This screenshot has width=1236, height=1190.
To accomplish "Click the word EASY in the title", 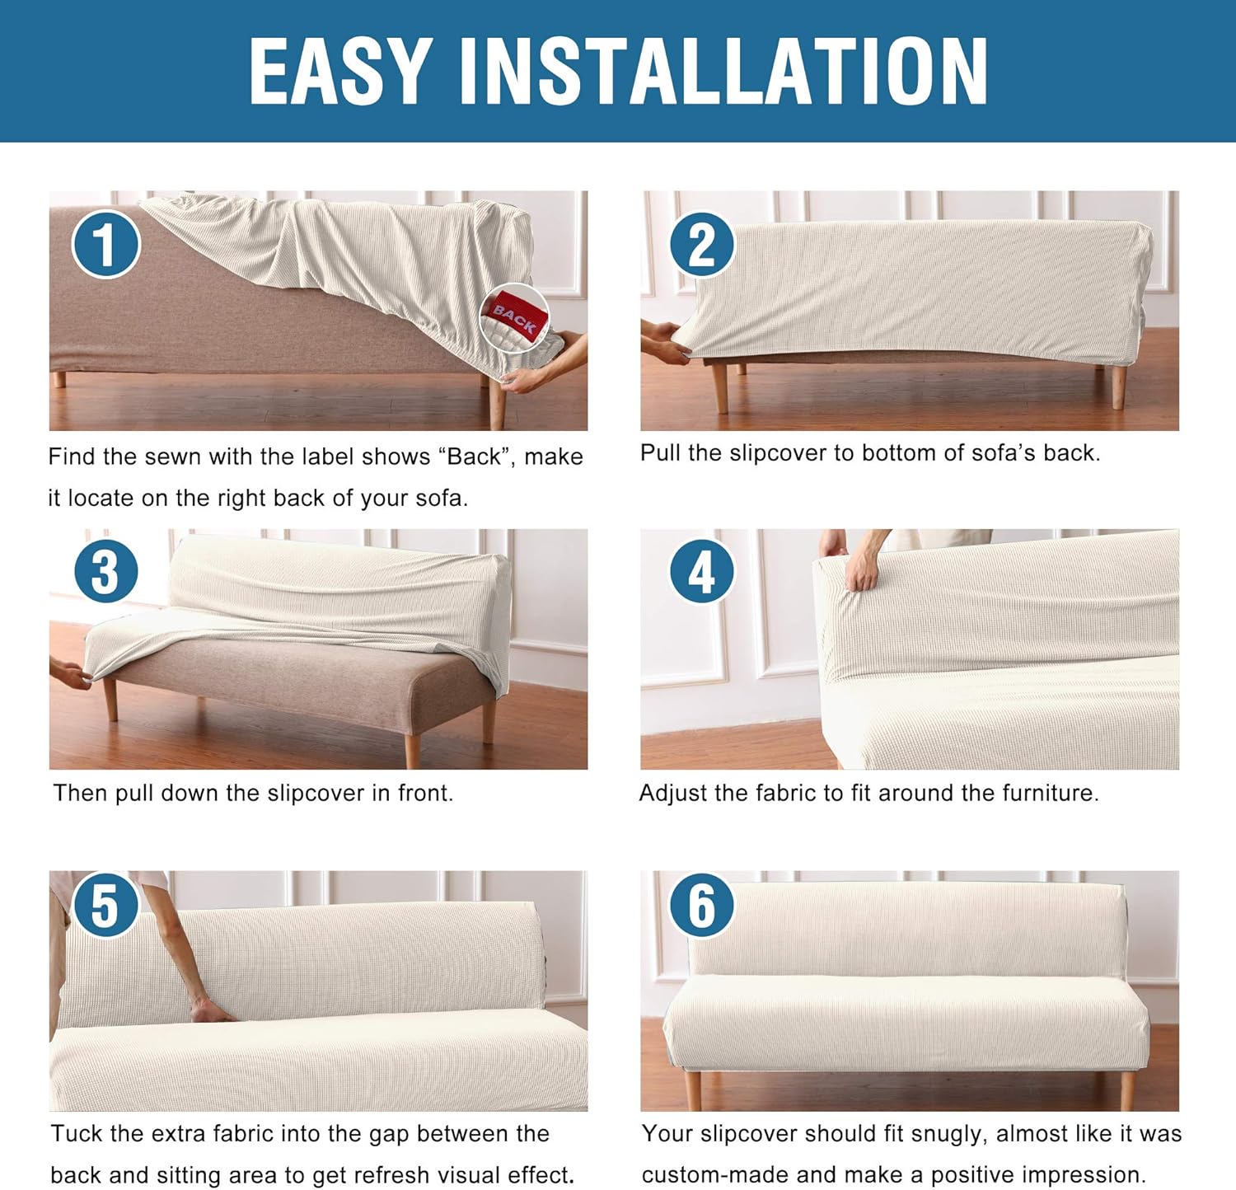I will coord(340,72).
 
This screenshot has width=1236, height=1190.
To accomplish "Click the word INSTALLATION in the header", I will coord(723,72).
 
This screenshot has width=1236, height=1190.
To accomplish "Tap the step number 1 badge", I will coord(105,244).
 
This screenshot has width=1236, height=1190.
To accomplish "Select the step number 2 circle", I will coord(701,245).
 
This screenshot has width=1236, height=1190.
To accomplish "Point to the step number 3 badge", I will coord(105,571).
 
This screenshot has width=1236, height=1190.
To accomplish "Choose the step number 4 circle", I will coord(701,571).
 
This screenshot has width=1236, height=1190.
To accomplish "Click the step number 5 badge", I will coord(105,905).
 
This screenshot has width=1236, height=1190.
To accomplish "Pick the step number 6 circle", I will coord(701,905).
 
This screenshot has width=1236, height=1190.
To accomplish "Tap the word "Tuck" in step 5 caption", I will coord(77,1133).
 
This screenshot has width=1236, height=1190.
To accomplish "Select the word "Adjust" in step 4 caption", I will coord(673,793).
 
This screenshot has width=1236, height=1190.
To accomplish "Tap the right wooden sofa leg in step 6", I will coord(1126,1089).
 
